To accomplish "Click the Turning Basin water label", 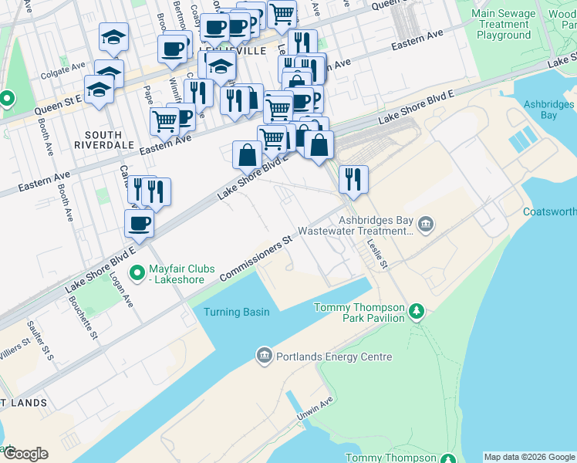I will point(237,312).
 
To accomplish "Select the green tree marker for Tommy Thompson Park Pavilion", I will point(417,312).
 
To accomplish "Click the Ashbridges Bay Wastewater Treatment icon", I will point(427,225).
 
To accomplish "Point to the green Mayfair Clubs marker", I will point(137,272).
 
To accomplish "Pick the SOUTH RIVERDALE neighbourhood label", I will point(104,138).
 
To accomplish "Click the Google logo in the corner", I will point(25,453).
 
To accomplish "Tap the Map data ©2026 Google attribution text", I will point(529,457).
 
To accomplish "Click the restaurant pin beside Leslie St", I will point(353,179).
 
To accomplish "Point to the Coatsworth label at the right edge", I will point(549,211).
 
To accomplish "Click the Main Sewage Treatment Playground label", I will point(504,24).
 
